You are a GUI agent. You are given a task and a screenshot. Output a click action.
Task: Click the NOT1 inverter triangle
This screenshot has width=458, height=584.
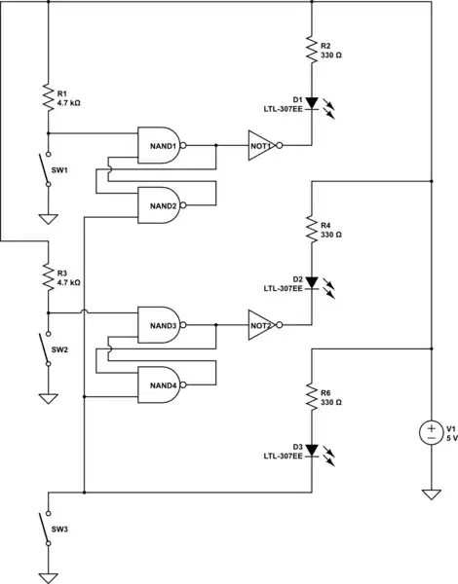point(262,145)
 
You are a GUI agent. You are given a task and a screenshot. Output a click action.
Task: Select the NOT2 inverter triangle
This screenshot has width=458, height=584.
point(262,325)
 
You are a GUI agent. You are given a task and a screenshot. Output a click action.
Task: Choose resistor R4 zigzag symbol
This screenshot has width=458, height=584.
point(311,230)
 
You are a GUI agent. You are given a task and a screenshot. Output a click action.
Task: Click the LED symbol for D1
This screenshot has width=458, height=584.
point(311,103)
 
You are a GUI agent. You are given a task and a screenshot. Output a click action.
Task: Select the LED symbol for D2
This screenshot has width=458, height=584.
point(311,283)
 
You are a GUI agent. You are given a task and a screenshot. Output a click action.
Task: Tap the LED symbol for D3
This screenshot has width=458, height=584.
point(311,450)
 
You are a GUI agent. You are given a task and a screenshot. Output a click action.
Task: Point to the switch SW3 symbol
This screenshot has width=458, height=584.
point(45,529)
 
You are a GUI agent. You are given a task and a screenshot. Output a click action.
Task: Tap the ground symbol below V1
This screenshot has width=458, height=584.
point(430,494)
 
